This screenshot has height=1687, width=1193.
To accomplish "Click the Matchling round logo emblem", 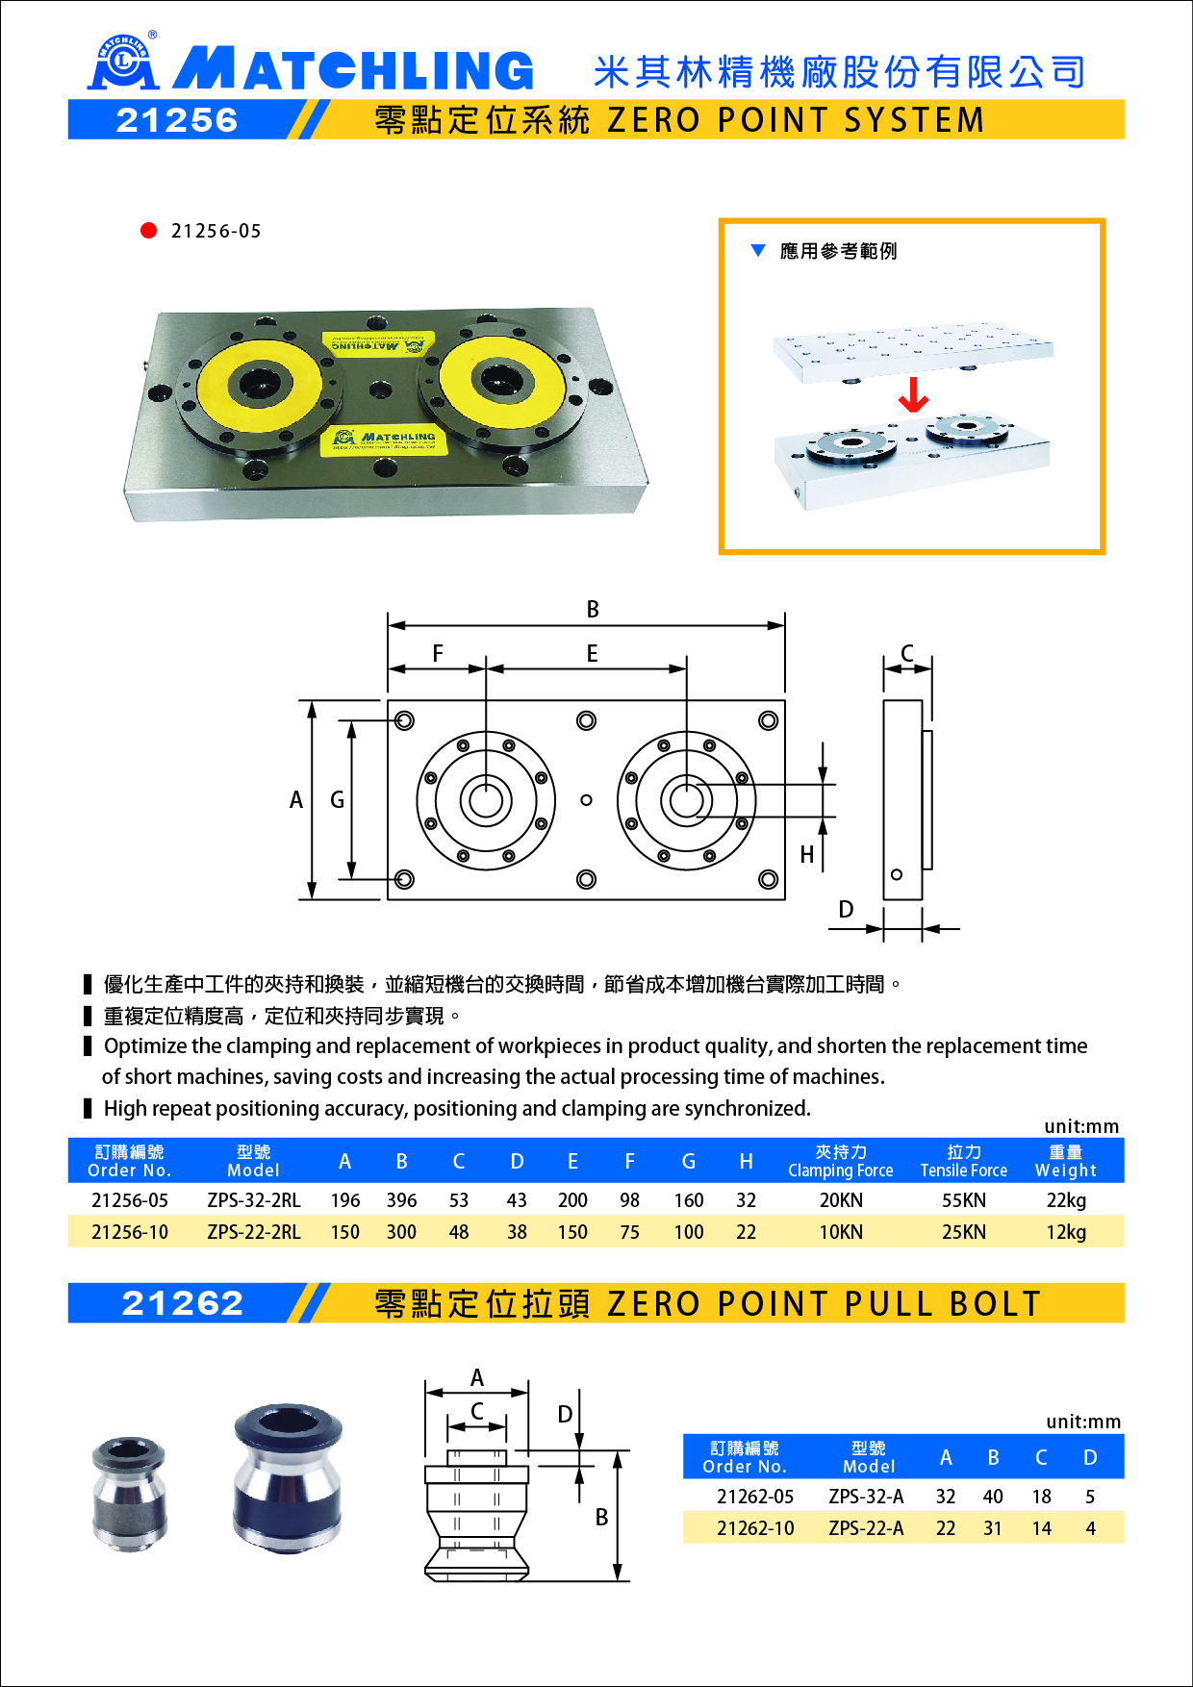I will tap(122, 63).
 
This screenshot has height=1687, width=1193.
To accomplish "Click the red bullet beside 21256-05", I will tap(148, 230).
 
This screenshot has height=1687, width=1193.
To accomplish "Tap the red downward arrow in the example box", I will tap(913, 394).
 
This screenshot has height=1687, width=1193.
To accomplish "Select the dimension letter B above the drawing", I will tap(593, 609).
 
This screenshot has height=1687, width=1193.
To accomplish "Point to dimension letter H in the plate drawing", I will tap(807, 854).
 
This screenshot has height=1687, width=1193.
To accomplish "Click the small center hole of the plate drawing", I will tap(586, 800).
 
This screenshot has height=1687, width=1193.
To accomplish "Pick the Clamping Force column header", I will tap(840, 1161).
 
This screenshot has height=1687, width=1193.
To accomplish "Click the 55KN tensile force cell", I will tap(963, 1200).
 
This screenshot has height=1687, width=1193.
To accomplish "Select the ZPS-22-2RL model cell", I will tap(254, 1232).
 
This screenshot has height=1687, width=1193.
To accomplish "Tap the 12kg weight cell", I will tap(1066, 1232).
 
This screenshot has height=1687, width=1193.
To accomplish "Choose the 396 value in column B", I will tap(401, 1200).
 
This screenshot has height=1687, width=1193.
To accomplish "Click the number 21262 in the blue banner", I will tap(183, 1303).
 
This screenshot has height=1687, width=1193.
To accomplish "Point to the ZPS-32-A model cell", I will tap(866, 1497).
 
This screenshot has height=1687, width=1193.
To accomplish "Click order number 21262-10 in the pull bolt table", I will tap(755, 1528).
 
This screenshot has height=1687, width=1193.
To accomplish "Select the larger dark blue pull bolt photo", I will tap(288, 1478).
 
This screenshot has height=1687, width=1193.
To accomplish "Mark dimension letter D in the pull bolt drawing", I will tap(565, 1414).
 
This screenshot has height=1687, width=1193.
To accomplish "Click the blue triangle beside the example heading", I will tap(758, 251).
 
